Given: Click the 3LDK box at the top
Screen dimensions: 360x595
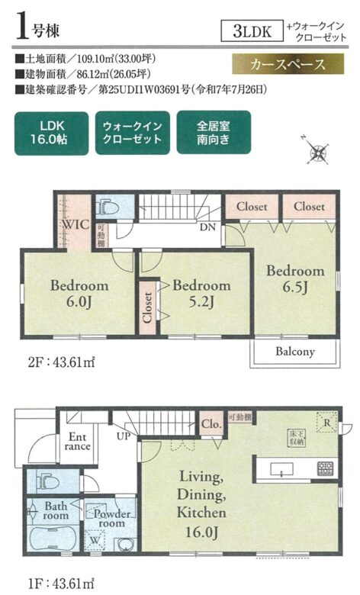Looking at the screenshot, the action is (x=252, y=31).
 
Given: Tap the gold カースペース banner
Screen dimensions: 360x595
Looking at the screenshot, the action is (x=288, y=64).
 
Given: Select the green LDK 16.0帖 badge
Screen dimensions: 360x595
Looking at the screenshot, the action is (x=52, y=133).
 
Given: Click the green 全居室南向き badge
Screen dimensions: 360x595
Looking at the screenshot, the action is (x=214, y=133).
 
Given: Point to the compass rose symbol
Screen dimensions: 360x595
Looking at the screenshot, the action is (x=318, y=153).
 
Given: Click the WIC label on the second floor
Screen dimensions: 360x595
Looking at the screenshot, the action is (x=75, y=224).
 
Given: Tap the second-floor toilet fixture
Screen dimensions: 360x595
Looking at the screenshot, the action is (x=108, y=207).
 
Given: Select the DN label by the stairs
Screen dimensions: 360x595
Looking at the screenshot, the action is (x=207, y=227).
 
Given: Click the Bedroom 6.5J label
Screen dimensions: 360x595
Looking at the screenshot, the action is (x=295, y=279).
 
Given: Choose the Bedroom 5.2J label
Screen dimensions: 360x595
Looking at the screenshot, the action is (x=201, y=294).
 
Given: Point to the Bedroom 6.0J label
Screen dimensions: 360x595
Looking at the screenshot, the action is (x=79, y=294).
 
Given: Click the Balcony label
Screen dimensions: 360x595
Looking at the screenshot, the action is (x=294, y=352).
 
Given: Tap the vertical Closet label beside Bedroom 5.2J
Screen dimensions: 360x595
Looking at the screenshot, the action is (x=147, y=307).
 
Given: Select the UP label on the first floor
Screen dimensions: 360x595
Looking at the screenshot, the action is (x=124, y=436).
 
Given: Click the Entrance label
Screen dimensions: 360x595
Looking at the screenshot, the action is (x=77, y=442).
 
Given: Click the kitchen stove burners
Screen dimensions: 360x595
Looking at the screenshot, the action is (x=325, y=468).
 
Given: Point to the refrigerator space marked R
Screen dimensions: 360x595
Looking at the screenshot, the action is (x=327, y=422).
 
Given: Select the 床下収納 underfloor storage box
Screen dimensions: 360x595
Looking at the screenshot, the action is (x=297, y=439).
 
